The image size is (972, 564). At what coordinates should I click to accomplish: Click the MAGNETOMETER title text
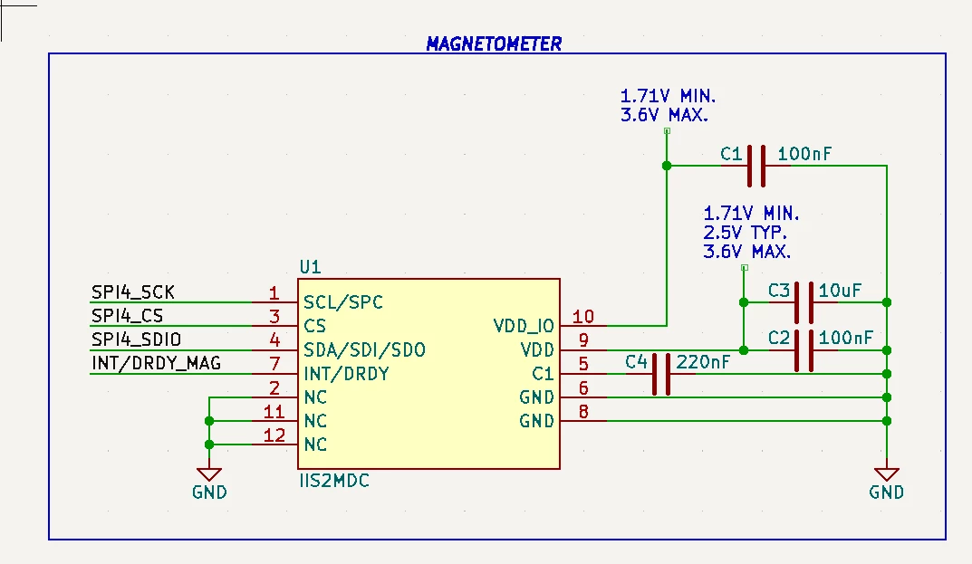(494, 43)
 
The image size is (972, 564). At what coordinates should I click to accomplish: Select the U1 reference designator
(310, 267)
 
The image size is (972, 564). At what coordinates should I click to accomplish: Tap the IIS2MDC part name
(334, 481)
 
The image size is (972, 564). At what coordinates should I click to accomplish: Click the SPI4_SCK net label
(132, 292)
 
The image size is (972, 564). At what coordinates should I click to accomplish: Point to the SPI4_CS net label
(127, 316)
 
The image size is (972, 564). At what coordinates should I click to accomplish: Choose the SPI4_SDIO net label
(137, 339)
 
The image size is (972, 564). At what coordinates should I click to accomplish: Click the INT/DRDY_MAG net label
(156, 363)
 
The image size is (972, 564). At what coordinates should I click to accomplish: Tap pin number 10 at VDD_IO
(583, 317)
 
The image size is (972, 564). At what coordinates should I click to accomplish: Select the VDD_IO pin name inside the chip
(524, 326)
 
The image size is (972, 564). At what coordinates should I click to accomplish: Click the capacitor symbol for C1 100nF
(756, 166)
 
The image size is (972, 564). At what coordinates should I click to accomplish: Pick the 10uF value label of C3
(840, 290)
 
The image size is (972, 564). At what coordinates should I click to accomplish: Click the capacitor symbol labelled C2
(804, 350)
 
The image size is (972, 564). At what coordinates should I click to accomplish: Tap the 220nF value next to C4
(703, 362)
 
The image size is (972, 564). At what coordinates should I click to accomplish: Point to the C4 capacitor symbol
(661, 374)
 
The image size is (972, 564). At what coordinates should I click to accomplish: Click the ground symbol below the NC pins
(209, 474)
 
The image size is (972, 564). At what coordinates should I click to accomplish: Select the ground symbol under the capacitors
(887, 474)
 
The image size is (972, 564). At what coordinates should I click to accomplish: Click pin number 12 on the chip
(274, 435)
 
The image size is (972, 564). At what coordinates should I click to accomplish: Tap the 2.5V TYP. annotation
(746, 233)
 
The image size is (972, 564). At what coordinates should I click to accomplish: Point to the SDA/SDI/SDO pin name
(364, 350)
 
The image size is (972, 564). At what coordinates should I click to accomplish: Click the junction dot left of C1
(667, 166)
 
